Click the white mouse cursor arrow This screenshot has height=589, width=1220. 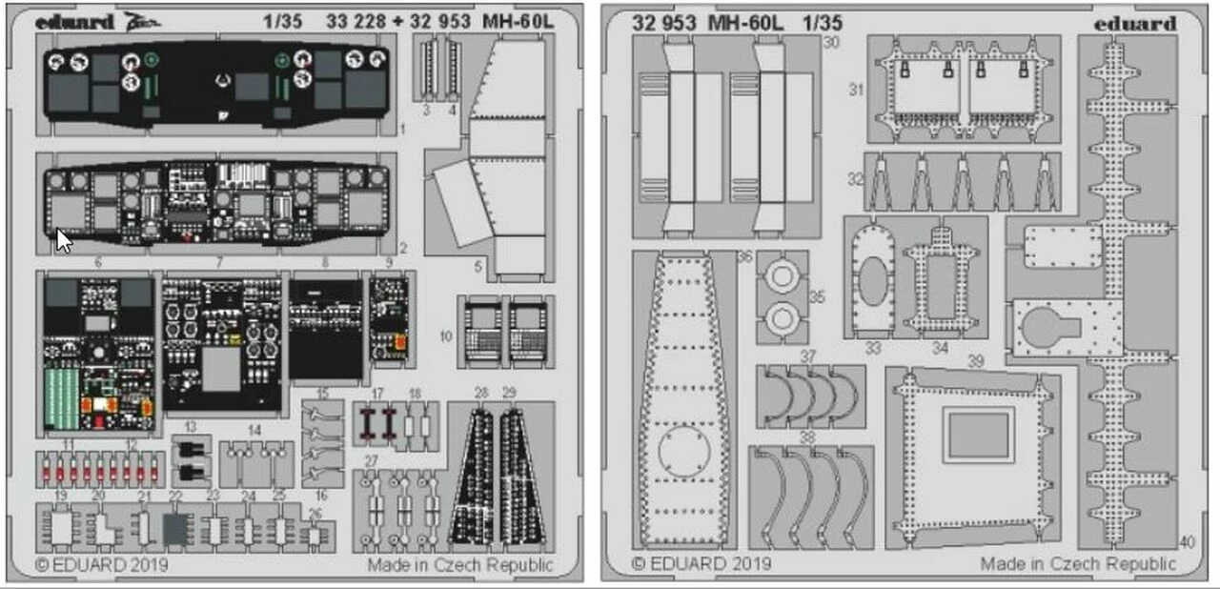63,239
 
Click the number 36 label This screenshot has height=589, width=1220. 744,257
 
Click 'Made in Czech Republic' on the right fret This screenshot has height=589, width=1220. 1079,564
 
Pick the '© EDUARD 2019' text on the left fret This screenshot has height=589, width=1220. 102,564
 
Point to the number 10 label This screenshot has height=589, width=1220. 446,335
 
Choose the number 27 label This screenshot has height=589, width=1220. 372,461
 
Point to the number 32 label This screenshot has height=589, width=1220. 855,178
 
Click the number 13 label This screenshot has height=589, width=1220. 191,427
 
